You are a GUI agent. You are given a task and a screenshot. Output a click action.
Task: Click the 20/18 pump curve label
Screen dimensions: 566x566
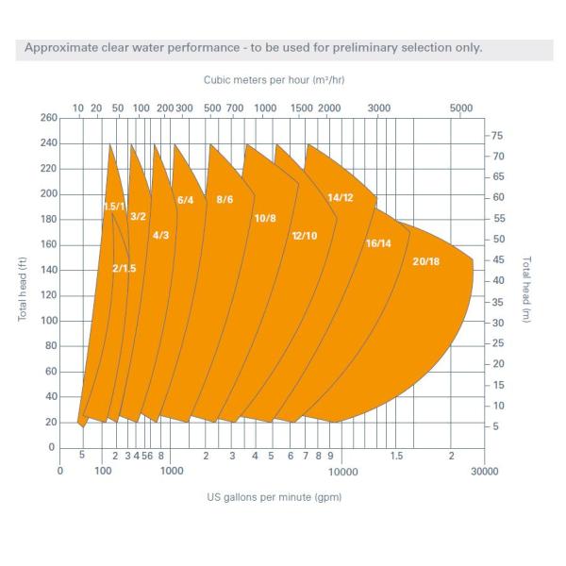[x=426, y=260]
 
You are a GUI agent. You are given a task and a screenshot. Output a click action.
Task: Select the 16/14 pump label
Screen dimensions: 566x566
[x=378, y=243]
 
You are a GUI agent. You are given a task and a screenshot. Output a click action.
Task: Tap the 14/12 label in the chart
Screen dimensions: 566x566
[x=340, y=197]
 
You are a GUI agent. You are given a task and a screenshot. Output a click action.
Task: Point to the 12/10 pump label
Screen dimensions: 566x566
[x=305, y=235]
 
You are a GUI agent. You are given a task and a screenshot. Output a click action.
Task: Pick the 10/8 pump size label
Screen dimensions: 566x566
[x=265, y=218]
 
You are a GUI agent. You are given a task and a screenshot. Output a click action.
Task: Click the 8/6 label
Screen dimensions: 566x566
[x=225, y=199]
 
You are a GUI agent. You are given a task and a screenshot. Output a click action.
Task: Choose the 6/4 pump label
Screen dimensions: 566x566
[x=185, y=200]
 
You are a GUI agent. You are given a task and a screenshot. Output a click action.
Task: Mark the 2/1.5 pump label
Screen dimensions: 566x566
[x=125, y=269]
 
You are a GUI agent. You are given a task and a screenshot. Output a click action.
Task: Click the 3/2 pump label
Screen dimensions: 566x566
[x=138, y=216]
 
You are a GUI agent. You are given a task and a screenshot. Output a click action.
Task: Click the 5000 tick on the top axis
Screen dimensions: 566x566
[x=461, y=108]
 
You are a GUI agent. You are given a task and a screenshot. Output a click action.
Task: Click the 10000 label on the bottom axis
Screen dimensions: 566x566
[x=341, y=472]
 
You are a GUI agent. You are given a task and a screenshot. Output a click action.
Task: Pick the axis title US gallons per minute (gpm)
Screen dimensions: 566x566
[x=275, y=497]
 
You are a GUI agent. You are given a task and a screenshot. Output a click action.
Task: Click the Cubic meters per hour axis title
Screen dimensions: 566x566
[x=273, y=82]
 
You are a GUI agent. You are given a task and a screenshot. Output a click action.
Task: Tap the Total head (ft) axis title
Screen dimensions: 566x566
[x=23, y=282]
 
